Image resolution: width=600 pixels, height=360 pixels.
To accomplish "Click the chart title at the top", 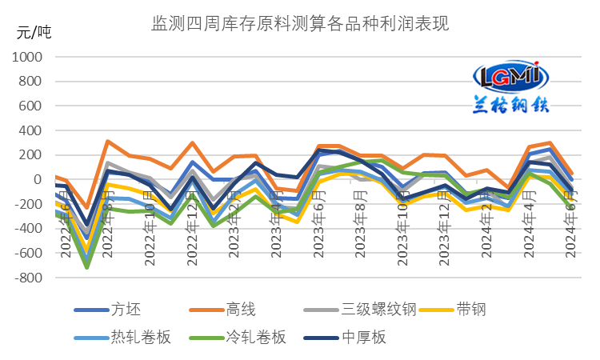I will tap(300, 24).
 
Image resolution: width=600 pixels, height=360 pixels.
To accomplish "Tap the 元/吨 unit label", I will tap(34, 33).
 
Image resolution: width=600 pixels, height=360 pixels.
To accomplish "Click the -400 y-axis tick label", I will tap(26, 229).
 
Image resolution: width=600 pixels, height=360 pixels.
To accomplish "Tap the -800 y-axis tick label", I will tap(26, 278).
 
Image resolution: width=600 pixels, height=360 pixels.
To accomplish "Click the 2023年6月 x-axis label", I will tap(319, 228).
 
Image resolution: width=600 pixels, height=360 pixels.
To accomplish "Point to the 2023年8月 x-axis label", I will tap(361, 228).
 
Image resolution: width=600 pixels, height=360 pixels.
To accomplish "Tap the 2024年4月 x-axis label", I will tap(530, 228).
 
